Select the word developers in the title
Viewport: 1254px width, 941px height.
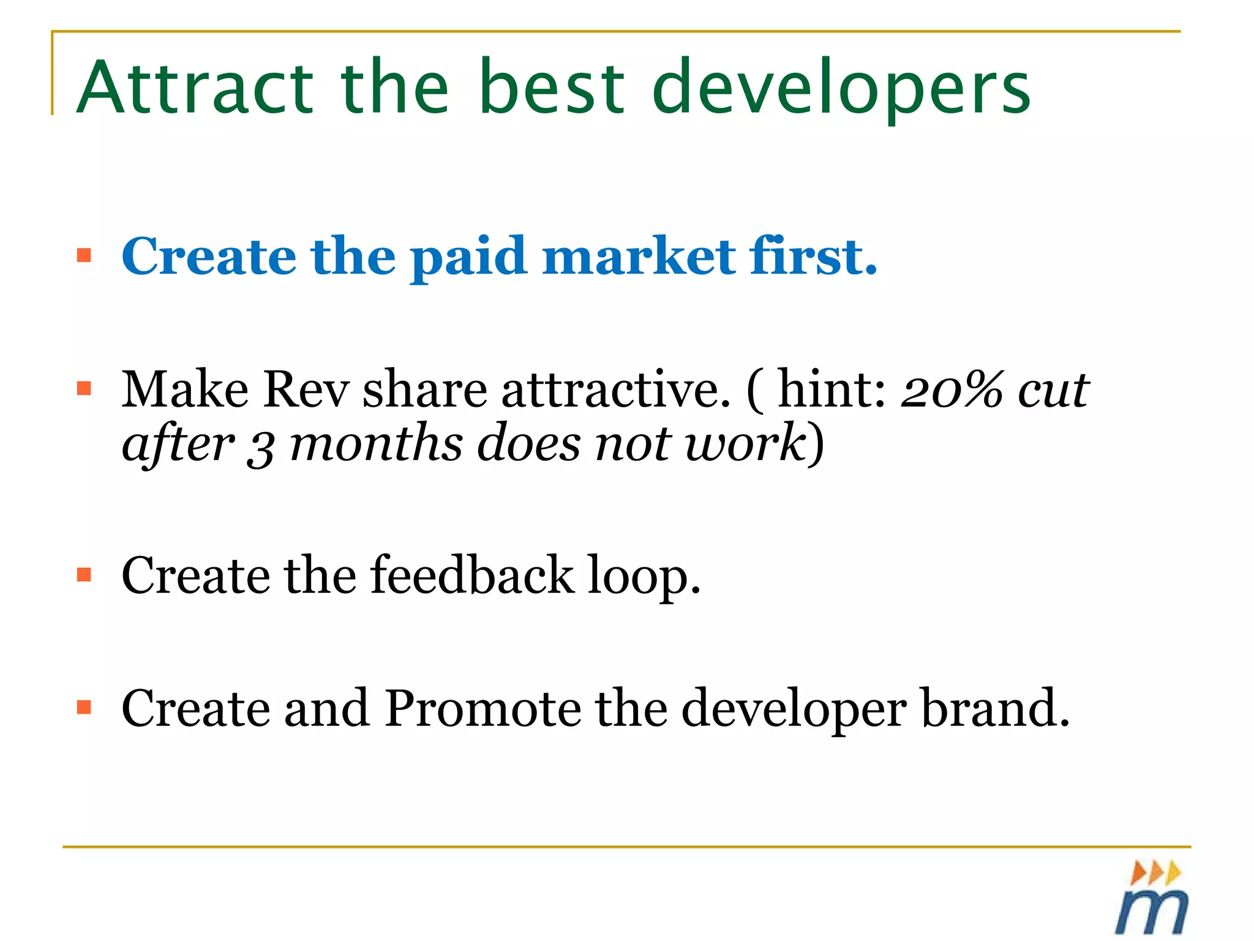841,89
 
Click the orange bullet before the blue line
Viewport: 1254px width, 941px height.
84,255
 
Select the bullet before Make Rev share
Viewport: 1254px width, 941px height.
84,388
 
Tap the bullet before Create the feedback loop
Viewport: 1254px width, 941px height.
84,575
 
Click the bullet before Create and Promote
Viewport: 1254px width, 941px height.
84,708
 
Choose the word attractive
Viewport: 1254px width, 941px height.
616,390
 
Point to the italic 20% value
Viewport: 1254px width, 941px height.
953,390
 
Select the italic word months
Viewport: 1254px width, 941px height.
376,444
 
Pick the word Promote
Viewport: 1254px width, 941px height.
482,708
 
